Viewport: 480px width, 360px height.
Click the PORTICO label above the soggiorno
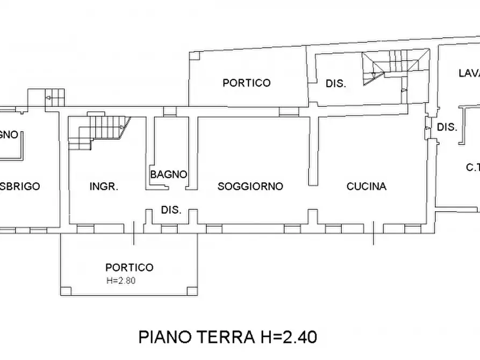click(x=247, y=83)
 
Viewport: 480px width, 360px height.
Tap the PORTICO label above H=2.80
click(x=129, y=267)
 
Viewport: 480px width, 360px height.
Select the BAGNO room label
click(x=169, y=174)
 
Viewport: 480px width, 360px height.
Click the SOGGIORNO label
click(x=250, y=186)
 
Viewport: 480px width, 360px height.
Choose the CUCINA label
click(x=366, y=186)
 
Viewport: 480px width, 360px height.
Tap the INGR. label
click(x=104, y=186)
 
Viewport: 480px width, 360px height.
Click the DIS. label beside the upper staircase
click(x=335, y=84)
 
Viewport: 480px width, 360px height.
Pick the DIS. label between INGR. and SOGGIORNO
click(x=171, y=210)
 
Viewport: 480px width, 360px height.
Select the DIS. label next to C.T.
click(x=447, y=127)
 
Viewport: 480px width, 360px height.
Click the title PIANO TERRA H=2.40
click(x=228, y=337)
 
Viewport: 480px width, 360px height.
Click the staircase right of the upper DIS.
click(x=395, y=67)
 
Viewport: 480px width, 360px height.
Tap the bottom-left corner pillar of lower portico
click(x=66, y=291)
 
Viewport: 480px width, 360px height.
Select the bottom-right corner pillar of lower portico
click(x=192, y=291)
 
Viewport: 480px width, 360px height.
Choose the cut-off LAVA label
click(x=468, y=73)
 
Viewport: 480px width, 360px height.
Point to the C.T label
click(x=472, y=168)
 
